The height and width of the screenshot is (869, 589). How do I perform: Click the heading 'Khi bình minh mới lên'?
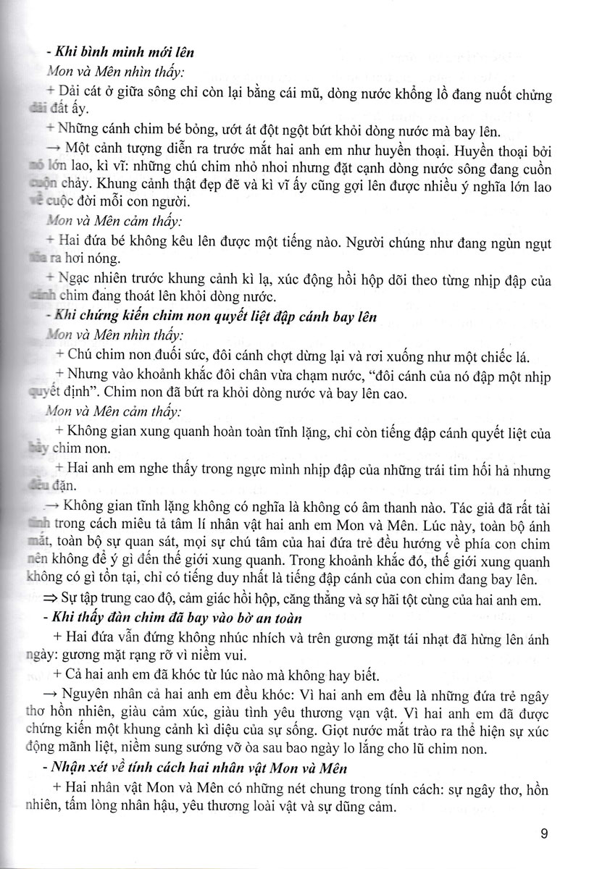(x=120, y=52)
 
